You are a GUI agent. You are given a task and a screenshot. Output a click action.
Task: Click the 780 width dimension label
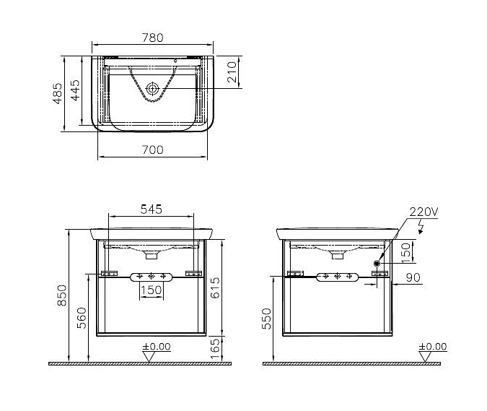click(152, 38)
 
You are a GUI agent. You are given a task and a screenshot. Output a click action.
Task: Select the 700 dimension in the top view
click(152, 150)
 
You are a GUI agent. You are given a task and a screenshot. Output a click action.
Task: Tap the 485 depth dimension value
click(58, 93)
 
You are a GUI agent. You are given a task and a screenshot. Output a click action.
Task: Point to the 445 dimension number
click(75, 90)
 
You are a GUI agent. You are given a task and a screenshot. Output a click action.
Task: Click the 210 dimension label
click(232, 72)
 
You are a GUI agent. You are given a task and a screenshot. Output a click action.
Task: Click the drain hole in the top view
click(152, 89)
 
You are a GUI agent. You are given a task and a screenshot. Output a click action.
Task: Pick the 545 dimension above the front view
click(152, 209)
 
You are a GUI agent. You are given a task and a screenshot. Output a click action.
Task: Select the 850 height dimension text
click(62, 295)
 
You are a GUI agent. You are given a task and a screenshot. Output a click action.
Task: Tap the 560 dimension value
click(82, 318)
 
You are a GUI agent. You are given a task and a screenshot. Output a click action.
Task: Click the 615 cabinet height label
click(215, 288)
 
